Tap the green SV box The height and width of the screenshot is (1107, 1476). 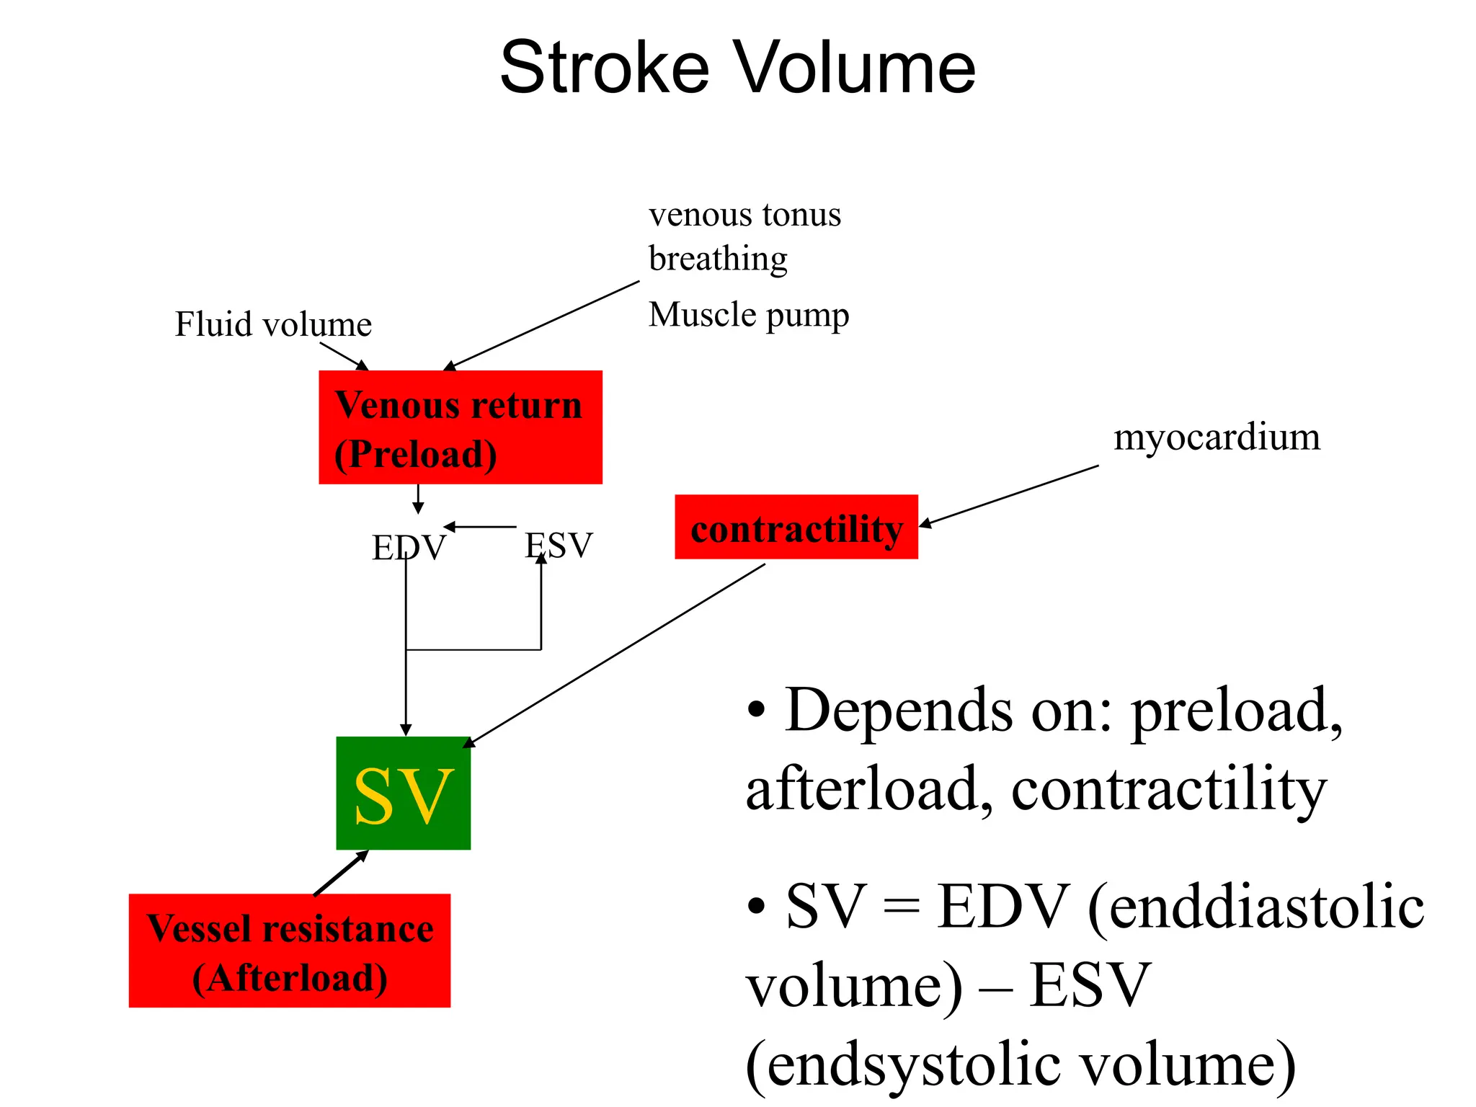pyautogui.click(x=403, y=793)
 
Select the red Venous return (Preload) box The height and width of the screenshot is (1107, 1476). pyautogui.click(x=460, y=427)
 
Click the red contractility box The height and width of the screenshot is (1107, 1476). pyautogui.click(x=796, y=528)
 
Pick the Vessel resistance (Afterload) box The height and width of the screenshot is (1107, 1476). pyautogui.click(x=289, y=951)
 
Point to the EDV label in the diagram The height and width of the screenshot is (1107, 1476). pyautogui.click(x=409, y=548)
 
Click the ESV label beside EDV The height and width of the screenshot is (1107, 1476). pyautogui.click(x=559, y=546)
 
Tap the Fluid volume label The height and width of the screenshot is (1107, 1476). pyautogui.click(x=273, y=324)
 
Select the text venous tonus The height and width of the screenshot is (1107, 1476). pyautogui.click(x=744, y=215)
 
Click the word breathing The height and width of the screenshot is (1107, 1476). pyautogui.click(x=718, y=259)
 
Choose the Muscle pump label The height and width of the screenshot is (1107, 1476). pyautogui.click(x=748, y=315)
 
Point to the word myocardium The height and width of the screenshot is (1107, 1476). pyautogui.click(x=1217, y=437)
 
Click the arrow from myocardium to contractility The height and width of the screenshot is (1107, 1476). pyautogui.click(x=1009, y=496)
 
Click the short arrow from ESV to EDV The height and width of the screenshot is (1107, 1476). pyautogui.click(x=481, y=527)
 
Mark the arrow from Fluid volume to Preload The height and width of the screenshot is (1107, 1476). pyautogui.click(x=344, y=356)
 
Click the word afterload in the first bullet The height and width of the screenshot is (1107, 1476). pyautogui.click(x=862, y=790)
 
